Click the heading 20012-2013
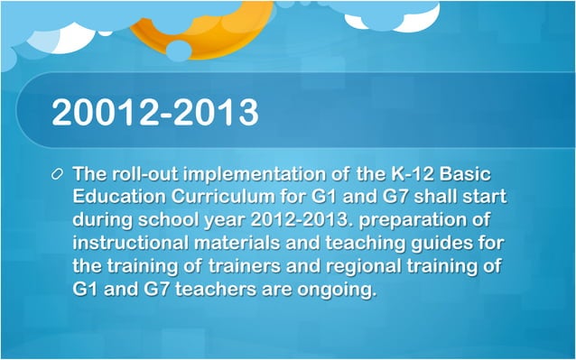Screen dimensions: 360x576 pyautogui.click(x=155, y=112)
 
